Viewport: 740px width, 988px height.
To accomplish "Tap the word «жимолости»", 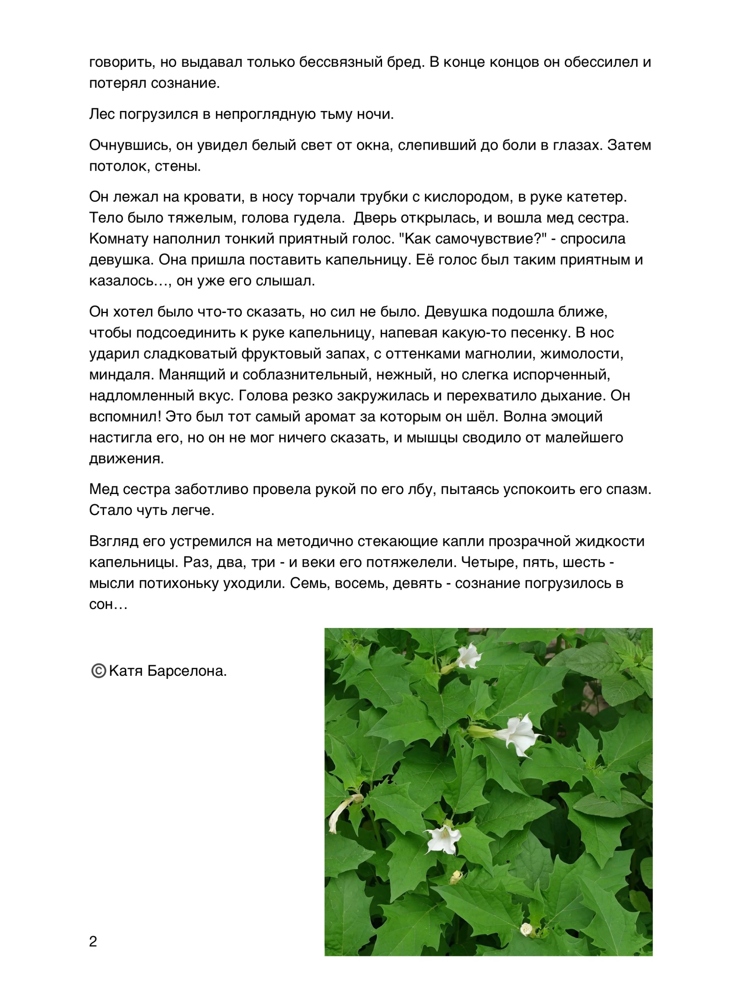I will [x=582, y=354].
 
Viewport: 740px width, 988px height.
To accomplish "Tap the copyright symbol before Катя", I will [x=98, y=671].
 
